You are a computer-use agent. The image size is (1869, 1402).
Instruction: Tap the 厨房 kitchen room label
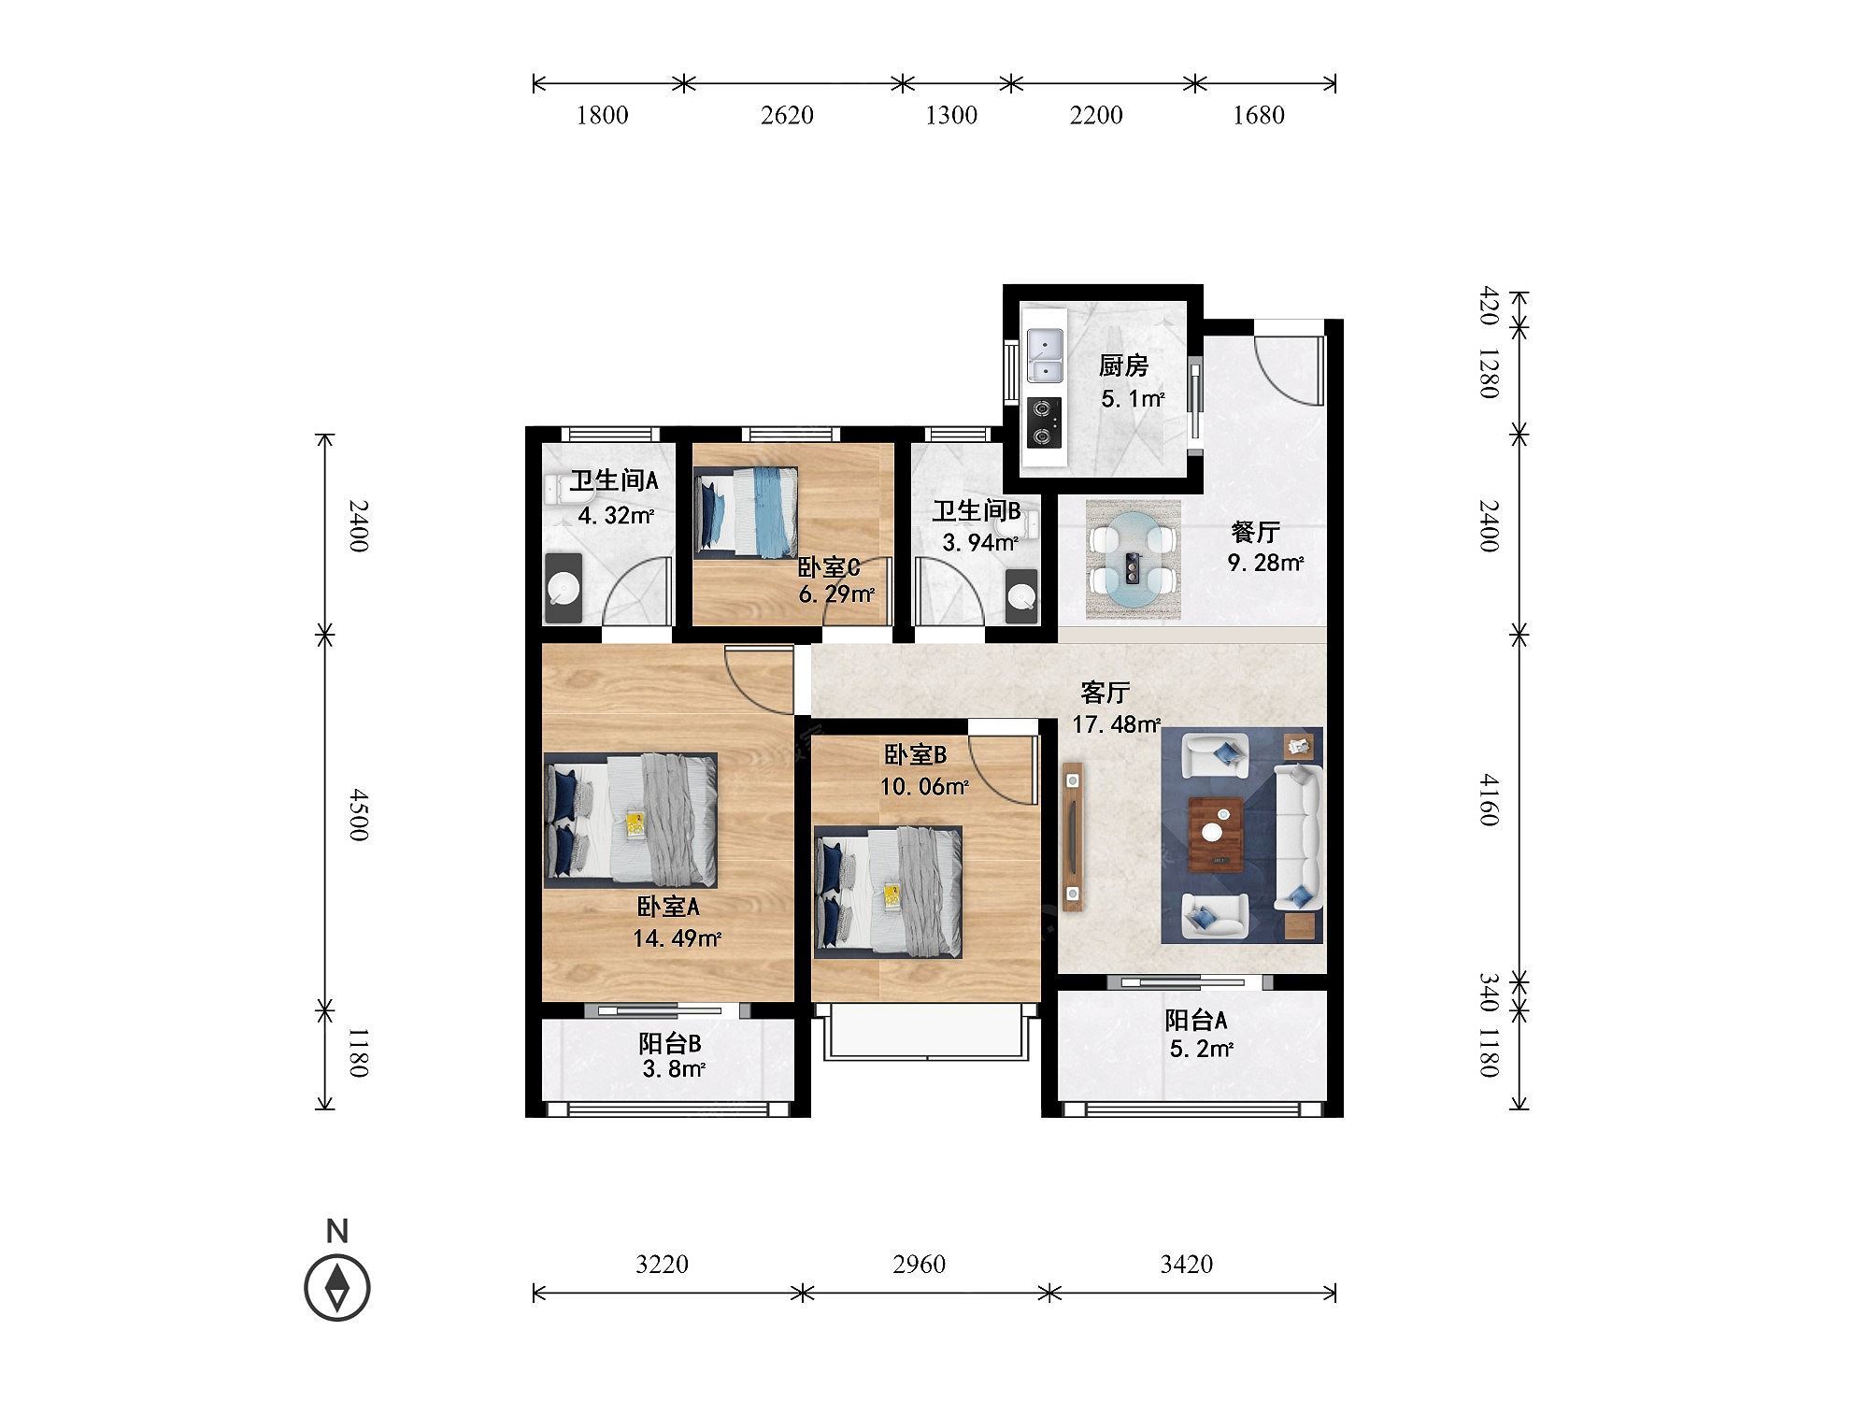[1123, 365]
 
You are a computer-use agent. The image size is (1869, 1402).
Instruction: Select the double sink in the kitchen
[1045, 356]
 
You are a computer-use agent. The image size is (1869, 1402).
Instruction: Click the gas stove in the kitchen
[1045, 422]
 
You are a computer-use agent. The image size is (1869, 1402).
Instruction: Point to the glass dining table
[1133, 559]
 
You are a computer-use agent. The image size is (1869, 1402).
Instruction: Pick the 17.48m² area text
[1116, 724]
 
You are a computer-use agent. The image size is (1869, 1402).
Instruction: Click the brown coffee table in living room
[1216, 834]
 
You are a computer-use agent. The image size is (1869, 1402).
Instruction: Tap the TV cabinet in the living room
[1073, 836]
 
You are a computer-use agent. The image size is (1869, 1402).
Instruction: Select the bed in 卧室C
[747, 512]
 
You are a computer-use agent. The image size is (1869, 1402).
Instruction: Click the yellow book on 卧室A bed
[635, 824]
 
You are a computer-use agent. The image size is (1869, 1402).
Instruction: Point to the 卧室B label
[916, 754]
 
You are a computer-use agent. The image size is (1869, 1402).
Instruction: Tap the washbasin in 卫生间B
[1021, 596]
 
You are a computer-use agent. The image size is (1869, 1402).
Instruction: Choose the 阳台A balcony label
[1196, 1020]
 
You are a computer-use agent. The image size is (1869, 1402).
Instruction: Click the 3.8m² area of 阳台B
[673, 1068]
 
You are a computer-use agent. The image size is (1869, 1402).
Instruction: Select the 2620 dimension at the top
[787, 115]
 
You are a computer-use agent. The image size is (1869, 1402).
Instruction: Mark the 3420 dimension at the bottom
[1187, 1265]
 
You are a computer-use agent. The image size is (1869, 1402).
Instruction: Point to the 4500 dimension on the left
[359, 815]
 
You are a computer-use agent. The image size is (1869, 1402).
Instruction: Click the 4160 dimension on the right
[1489, 799]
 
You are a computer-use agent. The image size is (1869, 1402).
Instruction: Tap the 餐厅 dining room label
[1255, 532]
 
